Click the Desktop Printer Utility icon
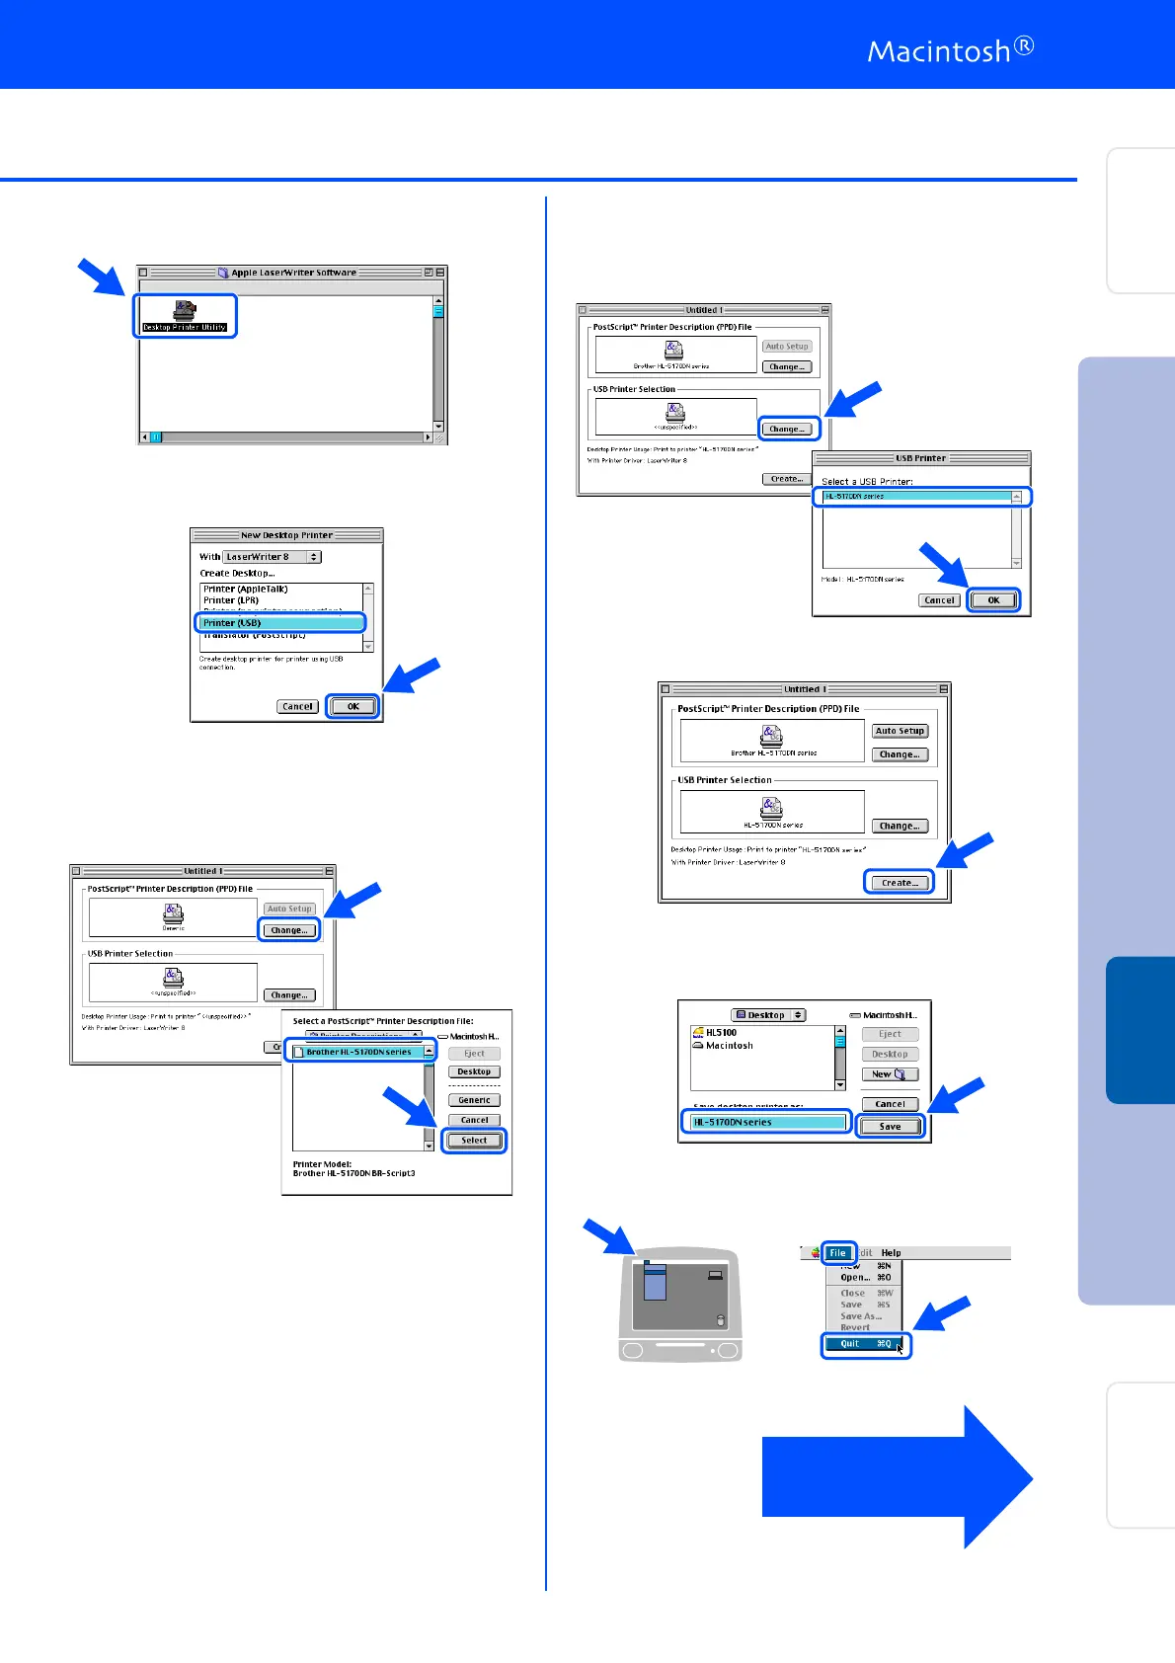point(185,315)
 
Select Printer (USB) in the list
point(280,623)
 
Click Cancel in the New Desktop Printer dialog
point(297,707)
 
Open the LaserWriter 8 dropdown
point(272,557)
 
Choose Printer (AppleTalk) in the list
point(246,590)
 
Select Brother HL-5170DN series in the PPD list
point(358,1053)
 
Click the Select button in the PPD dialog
point(474,1141)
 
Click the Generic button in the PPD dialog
point(474,1100)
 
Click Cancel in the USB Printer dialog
point(939,600)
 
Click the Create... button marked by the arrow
point(898,883)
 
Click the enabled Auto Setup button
point(900,732)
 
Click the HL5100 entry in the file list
point(721,1033)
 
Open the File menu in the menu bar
point(838,1253)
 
